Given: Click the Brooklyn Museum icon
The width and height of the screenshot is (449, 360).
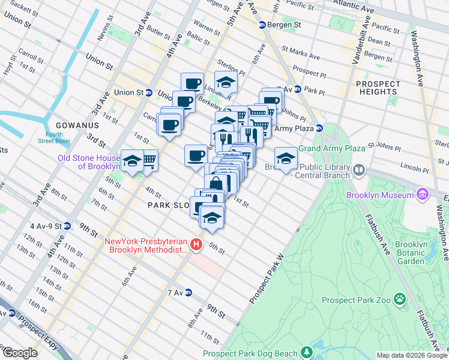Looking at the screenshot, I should tap(422, 195).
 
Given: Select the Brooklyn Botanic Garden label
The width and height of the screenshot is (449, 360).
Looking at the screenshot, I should tap(411, 253).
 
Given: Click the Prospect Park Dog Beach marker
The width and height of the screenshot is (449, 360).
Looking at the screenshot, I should tap(307, 351).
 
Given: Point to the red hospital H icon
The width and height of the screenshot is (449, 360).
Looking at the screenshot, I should tap(195, 245).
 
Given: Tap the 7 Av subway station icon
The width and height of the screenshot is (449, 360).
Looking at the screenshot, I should tap(188, 293).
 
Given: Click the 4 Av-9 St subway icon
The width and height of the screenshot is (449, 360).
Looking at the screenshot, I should tap(67, 226).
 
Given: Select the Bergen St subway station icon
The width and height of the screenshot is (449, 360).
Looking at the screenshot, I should tap(262, 25).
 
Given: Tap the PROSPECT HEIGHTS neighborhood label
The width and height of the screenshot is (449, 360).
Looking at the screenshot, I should tap(378, 88).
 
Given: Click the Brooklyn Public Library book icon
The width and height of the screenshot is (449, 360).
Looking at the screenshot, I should tap(359, 171).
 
